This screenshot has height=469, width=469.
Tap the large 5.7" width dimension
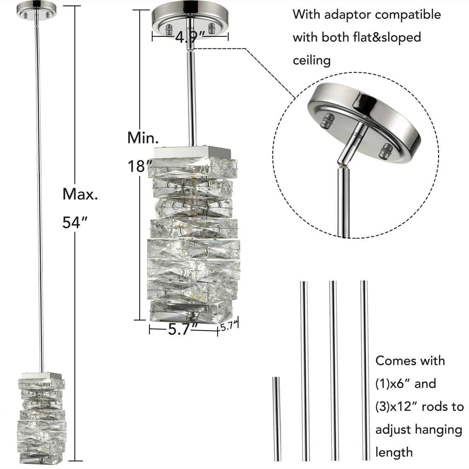click(x=183, y=330)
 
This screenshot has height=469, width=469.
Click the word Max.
click(x=80, y=194)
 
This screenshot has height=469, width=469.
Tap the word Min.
click(x=143, y=138)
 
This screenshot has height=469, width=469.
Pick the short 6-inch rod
click(x=276, y=418)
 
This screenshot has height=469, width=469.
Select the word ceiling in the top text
click(x=311, y=61)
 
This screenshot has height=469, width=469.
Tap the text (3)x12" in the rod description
click(x=397, y=406)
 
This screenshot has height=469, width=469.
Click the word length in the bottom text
click(x=394, y=452)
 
